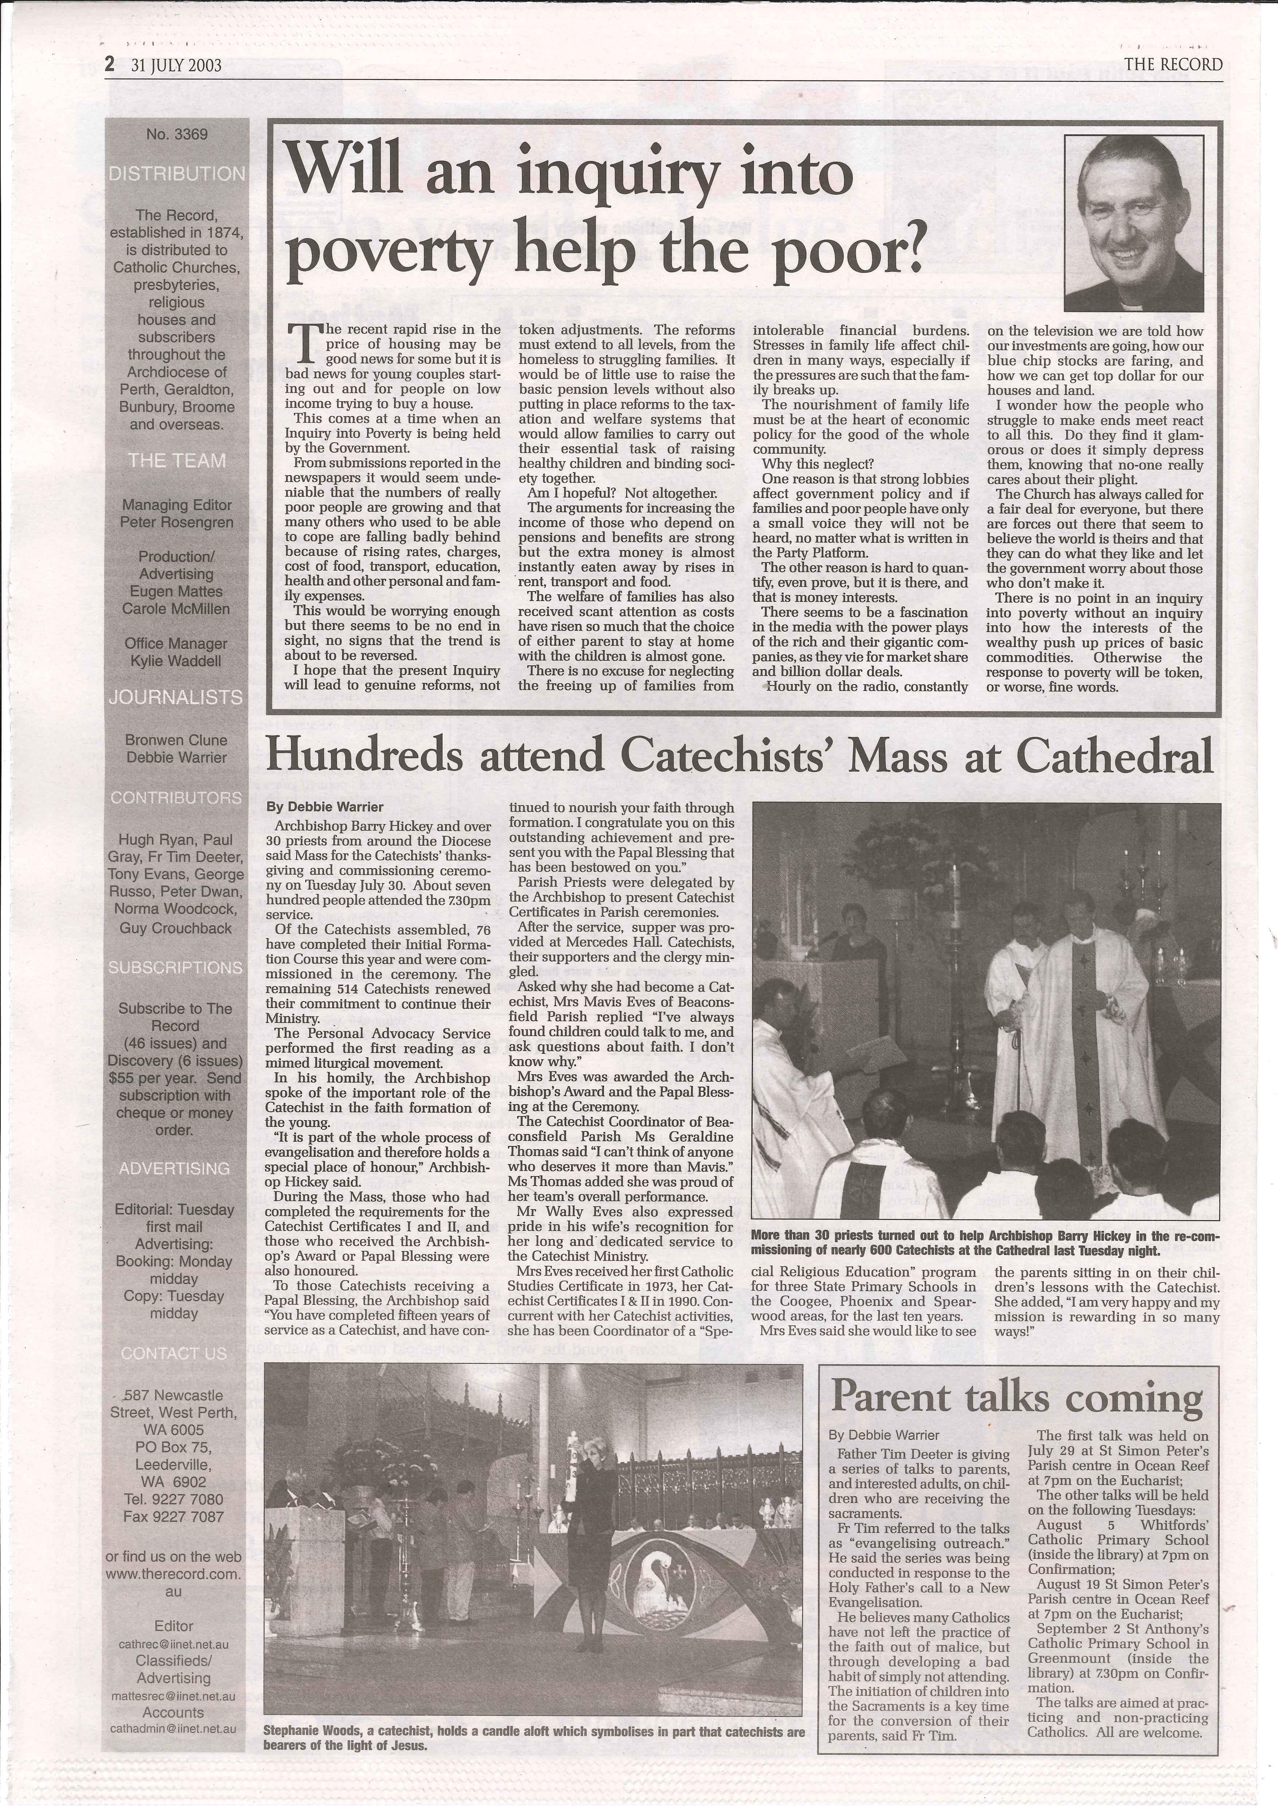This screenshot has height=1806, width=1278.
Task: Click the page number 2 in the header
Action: [x=110, y=64]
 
